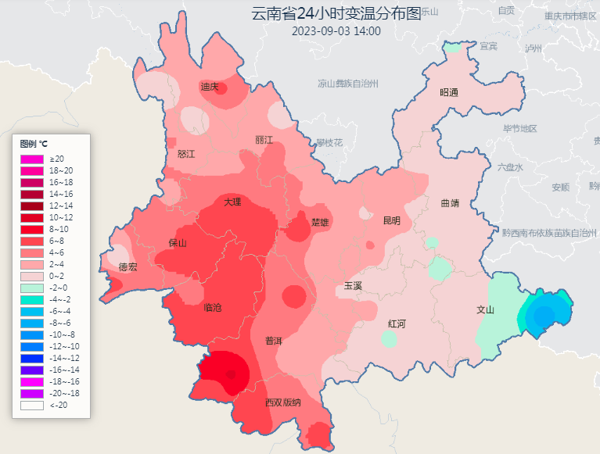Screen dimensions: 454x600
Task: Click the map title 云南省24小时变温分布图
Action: [336, 14]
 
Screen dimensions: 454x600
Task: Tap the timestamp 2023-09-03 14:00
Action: [336, 31]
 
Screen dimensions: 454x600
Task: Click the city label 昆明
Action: [391, 221]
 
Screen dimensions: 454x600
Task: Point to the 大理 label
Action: [232, 202]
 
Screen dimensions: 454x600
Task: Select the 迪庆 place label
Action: [209, 87]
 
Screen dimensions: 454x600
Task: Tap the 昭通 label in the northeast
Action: [448, 92]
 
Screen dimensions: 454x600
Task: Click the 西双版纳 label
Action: [282, 402]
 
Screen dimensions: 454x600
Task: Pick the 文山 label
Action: [486, 309]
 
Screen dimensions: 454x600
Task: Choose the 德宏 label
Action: [128, 267]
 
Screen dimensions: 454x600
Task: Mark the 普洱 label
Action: [274, 341]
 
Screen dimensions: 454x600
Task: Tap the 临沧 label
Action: [213, 308]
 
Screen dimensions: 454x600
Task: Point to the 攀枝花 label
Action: [329, 143]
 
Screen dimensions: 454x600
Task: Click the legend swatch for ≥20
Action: [31, 159]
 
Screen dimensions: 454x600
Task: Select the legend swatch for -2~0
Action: [31, 288]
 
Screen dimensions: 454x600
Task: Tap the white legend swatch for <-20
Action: [31, 405]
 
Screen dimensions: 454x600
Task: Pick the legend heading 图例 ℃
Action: [34, 144]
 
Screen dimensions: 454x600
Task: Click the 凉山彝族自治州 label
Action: [348, 83]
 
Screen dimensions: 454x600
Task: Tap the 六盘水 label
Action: [509, 167]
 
